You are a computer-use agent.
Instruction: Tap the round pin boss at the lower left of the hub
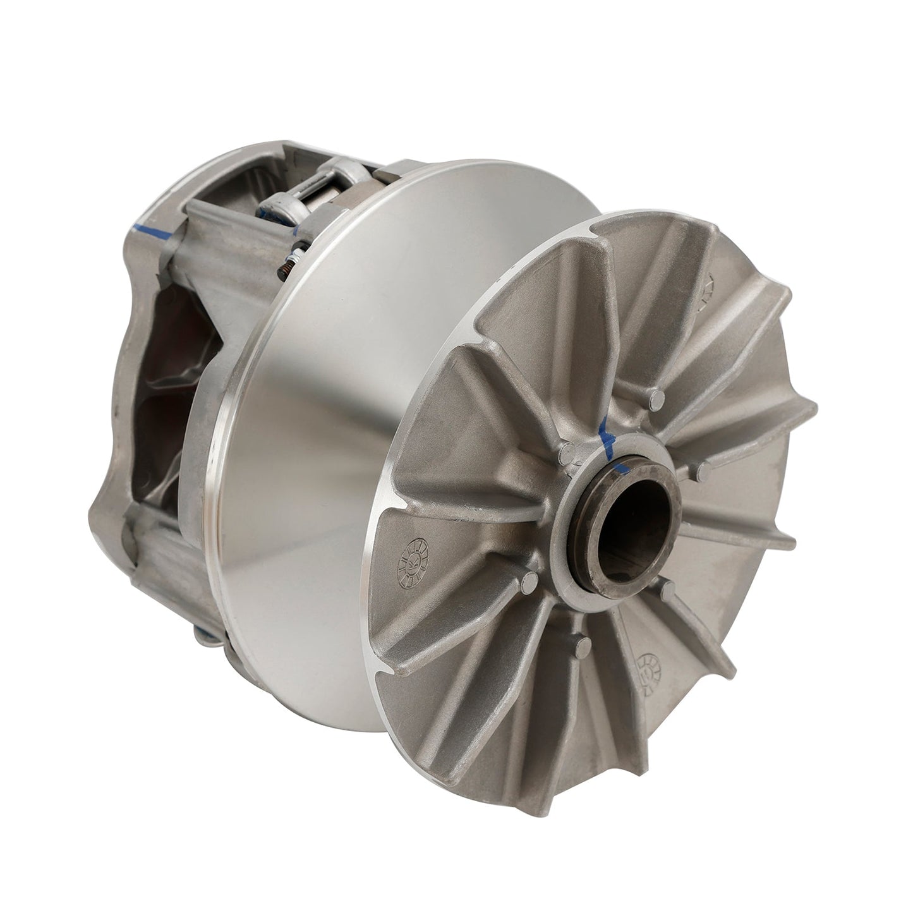click(531, 579)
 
